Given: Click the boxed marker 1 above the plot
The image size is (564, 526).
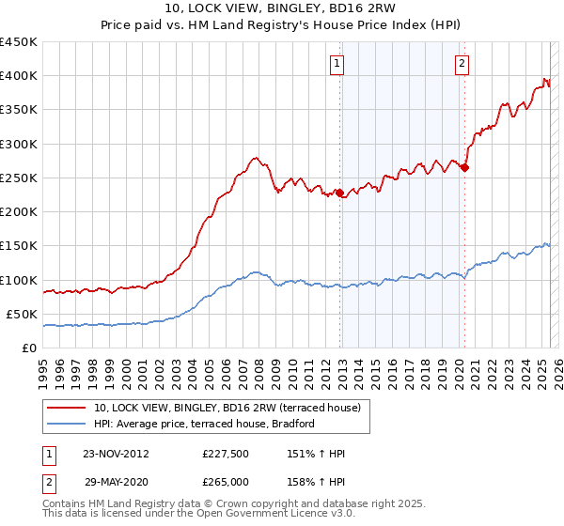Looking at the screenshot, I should pyautogui.click(x=337, y=64).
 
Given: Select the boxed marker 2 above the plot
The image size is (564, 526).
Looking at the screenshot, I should pyautogui.click(x=462, y=64).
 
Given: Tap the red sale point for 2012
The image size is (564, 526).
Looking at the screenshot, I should pyautogui.click(x=340, y=193).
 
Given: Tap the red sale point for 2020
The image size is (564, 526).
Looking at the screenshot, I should pyautogui.click(x=464, y=168).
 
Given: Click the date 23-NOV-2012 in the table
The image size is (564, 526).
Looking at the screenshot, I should pyautogui.click(x=117, y=454).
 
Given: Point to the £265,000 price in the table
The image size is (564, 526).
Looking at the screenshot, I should pyautogui.click(x=226, y=482).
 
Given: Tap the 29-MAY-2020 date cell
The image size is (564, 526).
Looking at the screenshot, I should pyautogui.click(x=117, y=482).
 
